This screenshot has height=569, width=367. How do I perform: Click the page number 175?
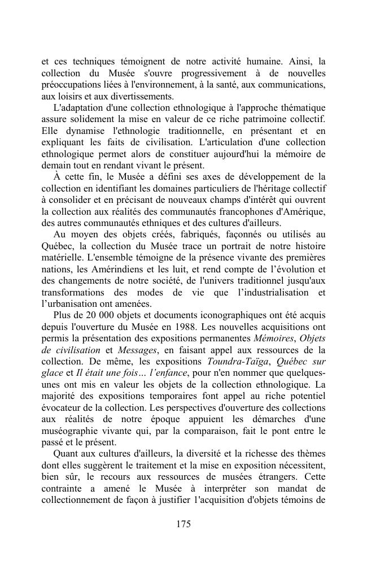183,524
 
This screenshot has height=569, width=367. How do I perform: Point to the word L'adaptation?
77,107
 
